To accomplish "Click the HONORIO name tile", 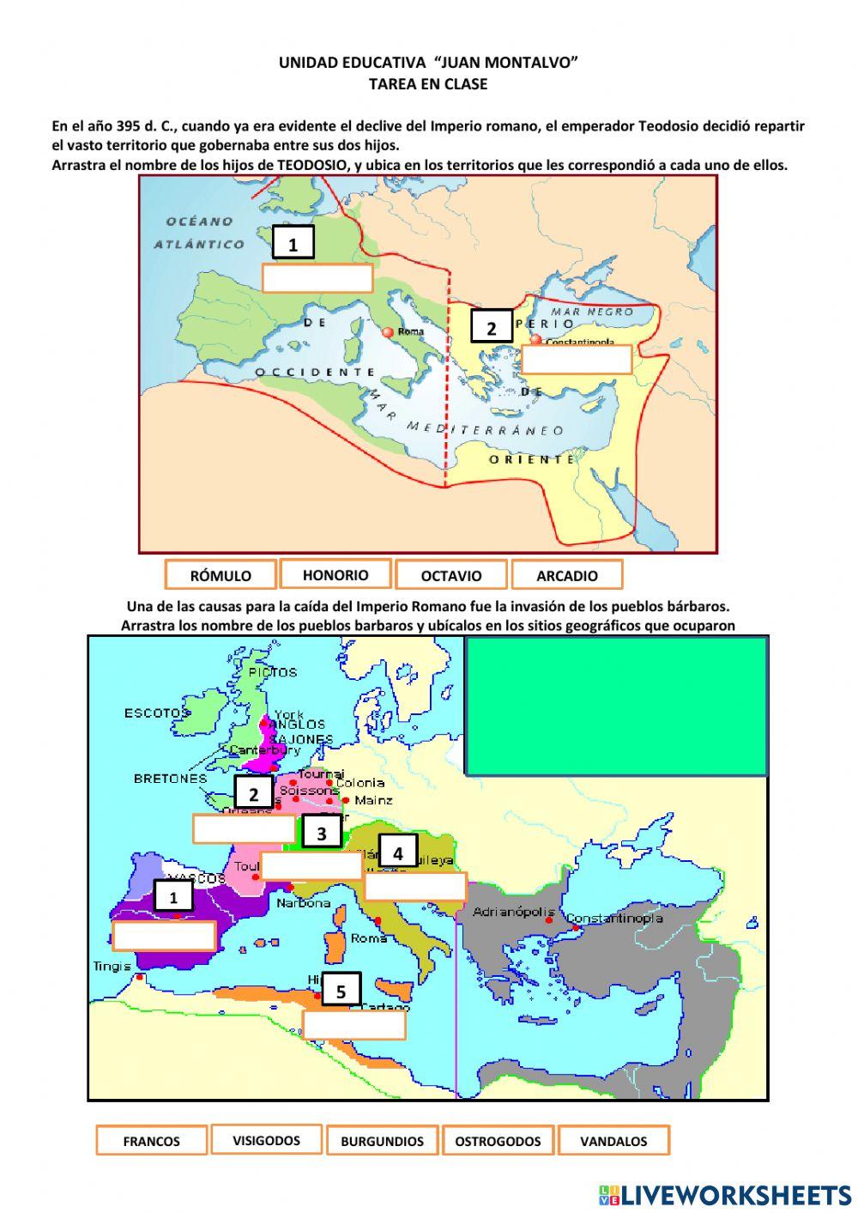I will [335, 574].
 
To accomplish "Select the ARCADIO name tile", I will [566, 575].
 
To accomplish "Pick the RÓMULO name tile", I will [221, 575].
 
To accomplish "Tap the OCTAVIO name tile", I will [451, 575].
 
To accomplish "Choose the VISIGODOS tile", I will [266, 1140].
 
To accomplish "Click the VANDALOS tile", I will [613, 1141].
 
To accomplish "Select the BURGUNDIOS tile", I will [382, 1141].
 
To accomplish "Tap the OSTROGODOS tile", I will [498, 1141].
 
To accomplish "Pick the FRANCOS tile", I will [151, 1141].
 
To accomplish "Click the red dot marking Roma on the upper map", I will [388, 331].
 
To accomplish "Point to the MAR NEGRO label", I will [591, 312].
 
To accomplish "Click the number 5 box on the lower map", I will [341, 992].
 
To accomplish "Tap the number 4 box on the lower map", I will [397, 853].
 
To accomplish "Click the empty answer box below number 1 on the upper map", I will [317, 278].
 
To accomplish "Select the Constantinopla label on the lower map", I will [615, 918].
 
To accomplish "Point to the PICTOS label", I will [272, 672].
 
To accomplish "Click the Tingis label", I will [112, 967].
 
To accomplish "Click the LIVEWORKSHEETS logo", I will [725, 1194].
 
